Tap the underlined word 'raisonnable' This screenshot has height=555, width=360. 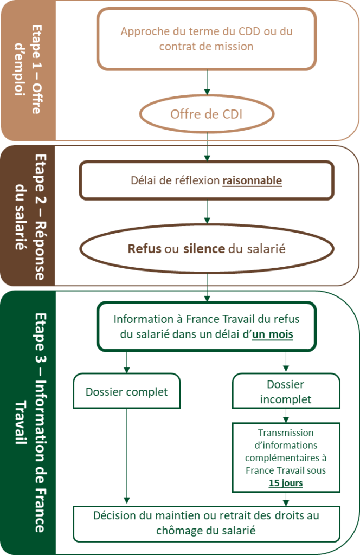pos(252,180)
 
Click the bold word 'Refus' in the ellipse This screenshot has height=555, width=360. pos(144,248)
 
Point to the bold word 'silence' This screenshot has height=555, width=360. pos(204,248)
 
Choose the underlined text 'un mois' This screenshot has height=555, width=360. pos(273,334)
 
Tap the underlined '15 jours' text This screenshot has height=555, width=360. pos(286,483)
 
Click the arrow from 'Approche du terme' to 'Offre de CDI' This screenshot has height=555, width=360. pos(207,82)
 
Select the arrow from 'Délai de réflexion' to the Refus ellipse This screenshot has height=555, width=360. pos(207,212)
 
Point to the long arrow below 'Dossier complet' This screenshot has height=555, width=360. pos(127,456)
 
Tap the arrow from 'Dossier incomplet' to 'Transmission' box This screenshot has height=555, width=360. pos(286,416)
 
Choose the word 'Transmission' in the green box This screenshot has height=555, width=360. pos(286,433)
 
